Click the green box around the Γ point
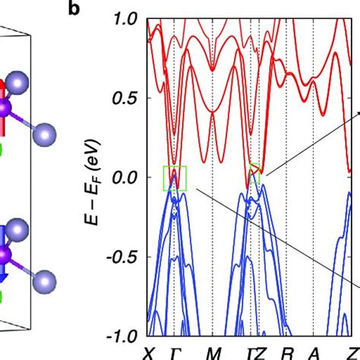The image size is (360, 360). pyautogui.click(x=175, y=178)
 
